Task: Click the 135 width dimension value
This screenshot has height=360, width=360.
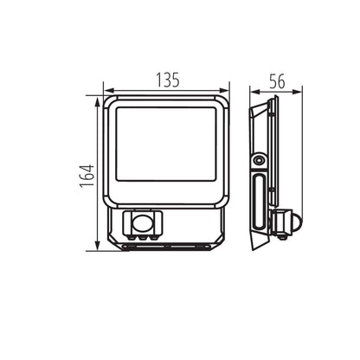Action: pyautogui.click(x=168, y=80)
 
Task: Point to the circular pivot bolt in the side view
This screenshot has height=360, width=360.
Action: pyautogui.click(x=259, y=160)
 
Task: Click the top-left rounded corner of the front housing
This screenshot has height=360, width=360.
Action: pyautogui.click(x=108, y=102)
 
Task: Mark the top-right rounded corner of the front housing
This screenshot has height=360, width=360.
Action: pyautogui.click(x=225, y=102)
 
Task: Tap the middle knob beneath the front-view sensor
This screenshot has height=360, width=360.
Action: pyautogui.click(x=144, y=232)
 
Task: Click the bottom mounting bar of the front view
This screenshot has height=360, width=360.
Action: pyautogui.click(x=165, y=247)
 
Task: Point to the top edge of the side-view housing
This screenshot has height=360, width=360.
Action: pyautogui.click(x=273, y=99)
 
